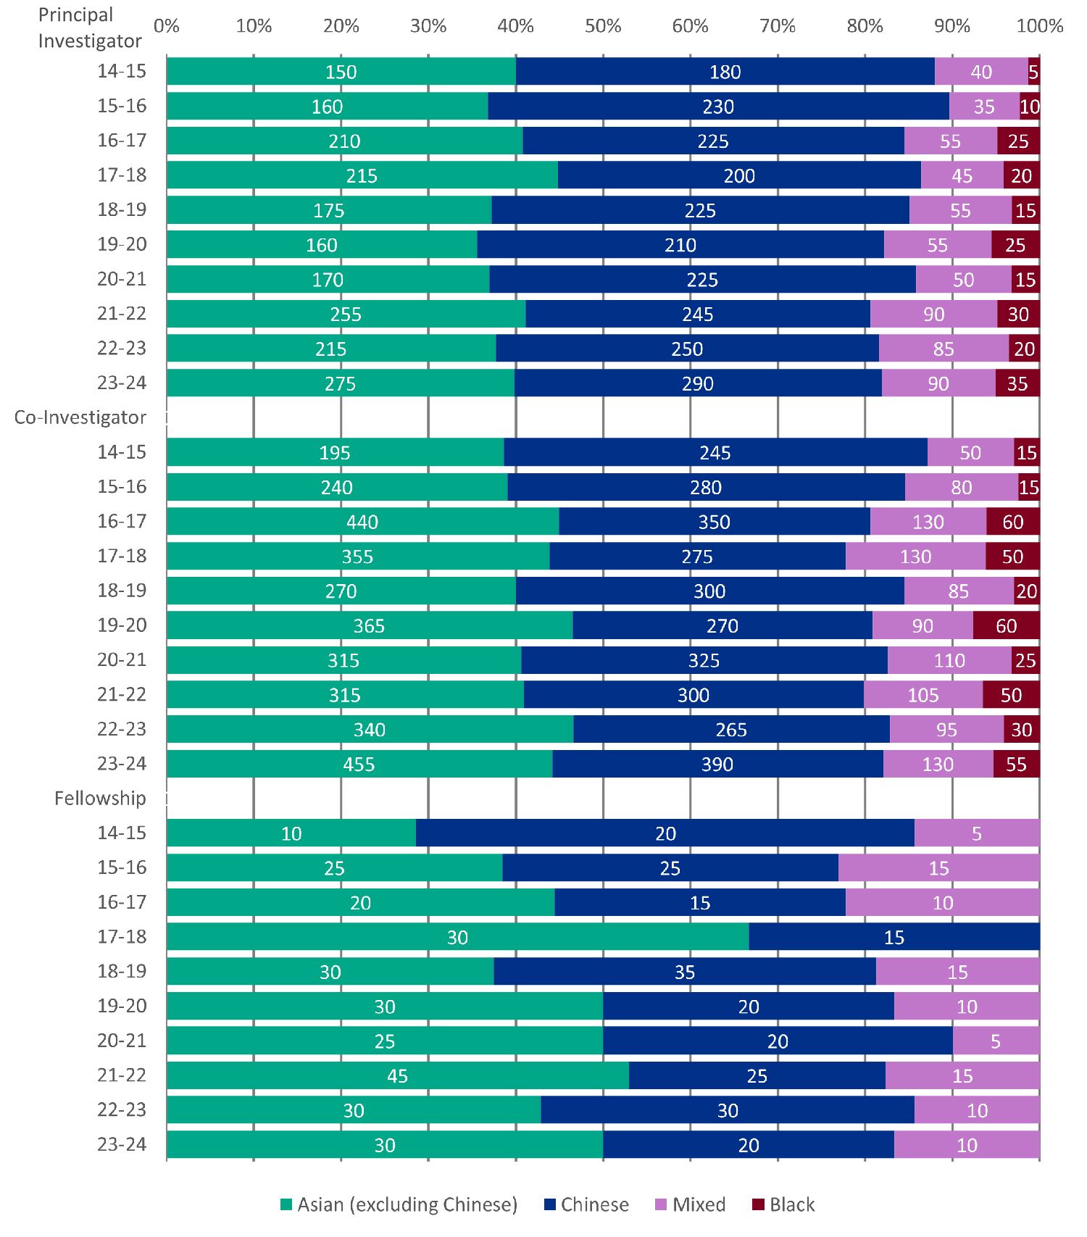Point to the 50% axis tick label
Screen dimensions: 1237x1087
[603, 26]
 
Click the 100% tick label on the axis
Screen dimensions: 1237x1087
[1040, 26]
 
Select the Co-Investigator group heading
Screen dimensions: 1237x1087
[80, 417]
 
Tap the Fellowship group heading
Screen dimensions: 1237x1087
[100, 798]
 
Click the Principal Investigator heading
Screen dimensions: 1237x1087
[90, 28]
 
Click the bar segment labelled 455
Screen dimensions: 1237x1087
[359, 764]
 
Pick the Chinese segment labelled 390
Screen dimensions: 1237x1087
[717, 764]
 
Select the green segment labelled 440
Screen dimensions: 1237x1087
[362, 522]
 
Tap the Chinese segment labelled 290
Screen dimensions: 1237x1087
[698, 383]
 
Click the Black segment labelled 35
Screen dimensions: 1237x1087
[1017, 383]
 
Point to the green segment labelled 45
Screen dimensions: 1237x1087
[397, 1075]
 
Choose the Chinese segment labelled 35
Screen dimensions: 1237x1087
[685, 972]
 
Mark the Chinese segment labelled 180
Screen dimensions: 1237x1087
[725, 72]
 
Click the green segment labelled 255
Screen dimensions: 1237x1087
[346, 314]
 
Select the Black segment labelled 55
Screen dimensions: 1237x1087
[1016, 764]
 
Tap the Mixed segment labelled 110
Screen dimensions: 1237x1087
[949, 660]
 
